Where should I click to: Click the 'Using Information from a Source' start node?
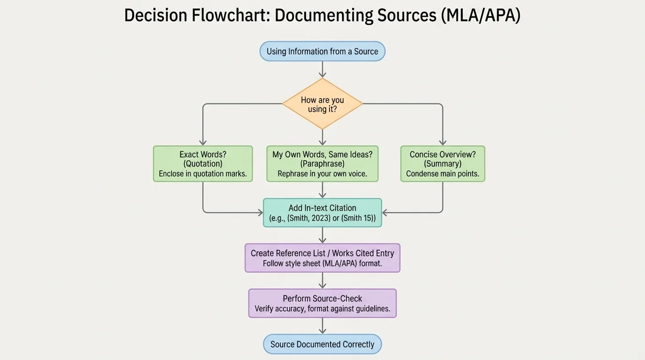click(322, 52)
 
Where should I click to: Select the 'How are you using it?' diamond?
click(322, 104)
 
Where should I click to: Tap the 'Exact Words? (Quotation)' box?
click(202, 164)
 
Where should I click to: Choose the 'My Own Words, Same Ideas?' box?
click(322, 164)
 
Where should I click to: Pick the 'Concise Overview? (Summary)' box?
click(442, 164)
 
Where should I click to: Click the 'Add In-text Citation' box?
click(322, 213)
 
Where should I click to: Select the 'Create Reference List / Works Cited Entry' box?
click(322, 258)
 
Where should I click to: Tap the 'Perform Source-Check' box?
click(322, 303)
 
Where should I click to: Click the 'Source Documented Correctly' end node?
click(322, 344)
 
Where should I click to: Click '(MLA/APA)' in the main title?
click(480, 15)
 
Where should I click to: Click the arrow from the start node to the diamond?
click(322, 69)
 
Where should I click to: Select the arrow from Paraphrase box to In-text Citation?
click(322, 190)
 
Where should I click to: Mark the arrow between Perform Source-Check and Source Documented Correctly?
click(322, 326)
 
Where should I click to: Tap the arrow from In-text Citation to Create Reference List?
click(322, 235)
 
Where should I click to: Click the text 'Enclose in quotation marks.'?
click(202, 174)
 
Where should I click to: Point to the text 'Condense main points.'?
click(442, 174)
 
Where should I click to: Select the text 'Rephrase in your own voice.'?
click(322, 174)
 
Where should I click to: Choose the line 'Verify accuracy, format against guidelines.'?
click(322, 309)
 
